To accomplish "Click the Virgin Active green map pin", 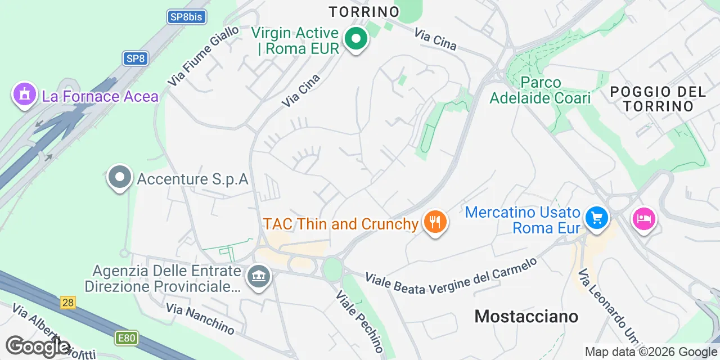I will click(x=355, y=39).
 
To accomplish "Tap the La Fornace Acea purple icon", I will click(x=24, y=94).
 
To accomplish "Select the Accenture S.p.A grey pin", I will click(x=119, y=178).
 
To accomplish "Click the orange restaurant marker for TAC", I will click(x=434, y=222).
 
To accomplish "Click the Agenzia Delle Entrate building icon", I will click(x=259, y=276).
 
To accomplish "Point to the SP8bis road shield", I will click(x=186, y=16).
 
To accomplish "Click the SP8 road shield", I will click(x=136, y=58).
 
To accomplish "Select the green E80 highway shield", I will click(x=126, y=338).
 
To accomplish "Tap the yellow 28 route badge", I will click(x=67, y=303).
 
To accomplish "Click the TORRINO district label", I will click(x=364, y=11).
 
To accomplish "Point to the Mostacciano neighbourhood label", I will click(x=526, y=316).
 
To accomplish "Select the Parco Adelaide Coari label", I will click(x=540, y=90).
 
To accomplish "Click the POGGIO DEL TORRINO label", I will click(x=658, y=98).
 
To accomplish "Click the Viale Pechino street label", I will click(x=360, y=321).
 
